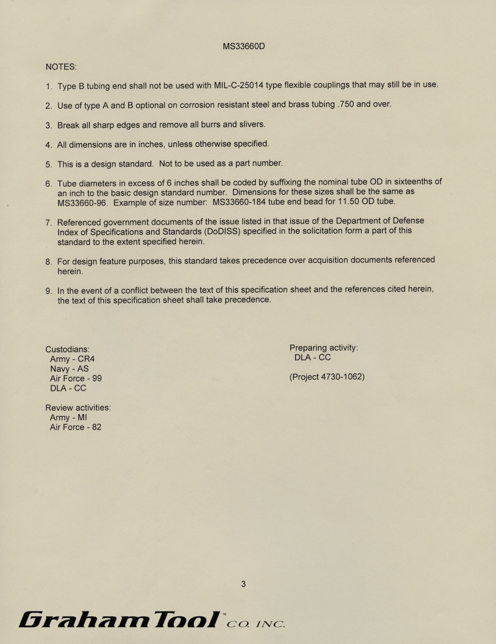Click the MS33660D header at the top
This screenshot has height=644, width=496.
(x=243, y=46)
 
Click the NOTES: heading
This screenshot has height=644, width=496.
(x=61, y=67)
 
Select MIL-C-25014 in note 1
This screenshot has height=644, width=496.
(x=238, y=85)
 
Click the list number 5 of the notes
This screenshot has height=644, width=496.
(x=48, y=164)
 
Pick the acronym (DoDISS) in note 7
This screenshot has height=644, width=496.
(x=222, y=231)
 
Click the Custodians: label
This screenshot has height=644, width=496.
(x=67, y=349)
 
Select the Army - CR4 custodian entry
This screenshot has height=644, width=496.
(x=72, y=359)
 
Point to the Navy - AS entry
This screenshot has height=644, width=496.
(x=69, y=369)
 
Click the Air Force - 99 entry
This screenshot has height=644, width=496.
(x=76, y=379)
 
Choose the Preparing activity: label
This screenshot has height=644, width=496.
(x=323, y=348)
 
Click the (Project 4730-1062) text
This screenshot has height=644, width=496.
(x=327, y=377)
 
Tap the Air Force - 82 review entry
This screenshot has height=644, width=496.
(x=76, y=427)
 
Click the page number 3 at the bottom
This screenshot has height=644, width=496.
(x=243, y=584)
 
